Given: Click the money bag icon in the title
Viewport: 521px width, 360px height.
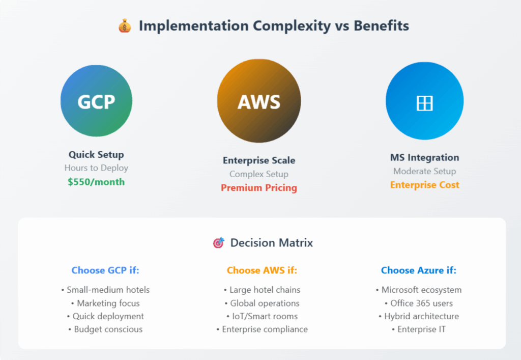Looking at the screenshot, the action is pos(125,26).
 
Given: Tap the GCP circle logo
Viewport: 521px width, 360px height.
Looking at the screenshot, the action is pos(96,101).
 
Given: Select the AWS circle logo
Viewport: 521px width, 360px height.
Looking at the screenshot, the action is pos(259,101).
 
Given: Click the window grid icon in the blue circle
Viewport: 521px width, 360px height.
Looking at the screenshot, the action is pos(425,103).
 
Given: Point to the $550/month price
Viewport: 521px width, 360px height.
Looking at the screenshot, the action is pos(96,182).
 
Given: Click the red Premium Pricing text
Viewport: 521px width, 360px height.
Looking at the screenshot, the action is pos(259,188).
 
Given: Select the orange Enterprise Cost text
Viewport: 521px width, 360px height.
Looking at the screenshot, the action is pos(425,185).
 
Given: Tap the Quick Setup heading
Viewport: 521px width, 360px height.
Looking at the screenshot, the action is pos(96,155).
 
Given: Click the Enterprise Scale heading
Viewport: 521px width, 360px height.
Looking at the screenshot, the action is pos(259,160).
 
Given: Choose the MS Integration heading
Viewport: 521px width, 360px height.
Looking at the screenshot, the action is pos(425,157).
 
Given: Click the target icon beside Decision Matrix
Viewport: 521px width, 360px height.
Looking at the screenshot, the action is pos(219,243).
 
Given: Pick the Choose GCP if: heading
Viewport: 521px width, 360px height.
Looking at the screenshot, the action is pos(105,270).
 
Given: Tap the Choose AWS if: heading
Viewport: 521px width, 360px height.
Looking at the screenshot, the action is pos(262,270).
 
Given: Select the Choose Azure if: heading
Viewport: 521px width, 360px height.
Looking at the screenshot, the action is pos(419,270).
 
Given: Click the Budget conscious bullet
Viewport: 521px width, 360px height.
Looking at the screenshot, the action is pos(105,329).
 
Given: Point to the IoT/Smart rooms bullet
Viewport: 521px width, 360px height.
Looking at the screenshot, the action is pos(262,316).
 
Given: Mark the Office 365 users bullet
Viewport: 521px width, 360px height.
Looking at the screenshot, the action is pos(419,303).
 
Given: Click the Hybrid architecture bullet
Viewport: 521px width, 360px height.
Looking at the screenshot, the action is pos(419,316).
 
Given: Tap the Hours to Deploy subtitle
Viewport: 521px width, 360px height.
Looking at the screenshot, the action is pos(96,168).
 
